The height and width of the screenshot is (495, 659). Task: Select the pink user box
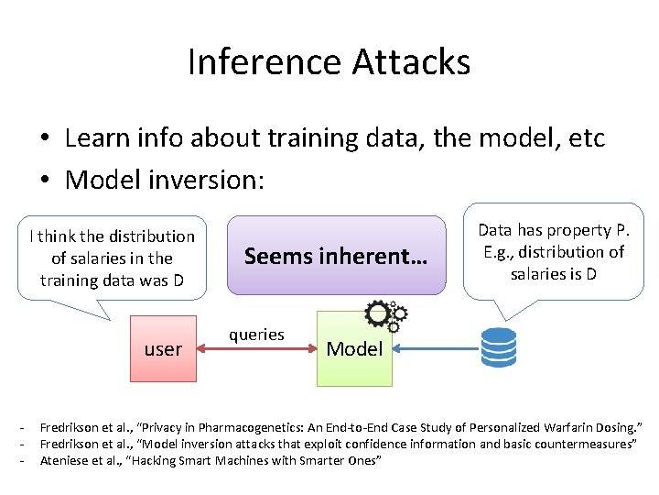[x=163, y=348]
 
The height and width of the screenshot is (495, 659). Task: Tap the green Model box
[x=354, y=348]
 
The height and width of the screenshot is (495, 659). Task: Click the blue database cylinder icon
[x=498, y=346]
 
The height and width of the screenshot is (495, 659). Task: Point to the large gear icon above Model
[x=379, y=314]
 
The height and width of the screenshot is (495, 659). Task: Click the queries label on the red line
[x=256, y=335]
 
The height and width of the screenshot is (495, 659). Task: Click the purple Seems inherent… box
[x=335, y=256]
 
